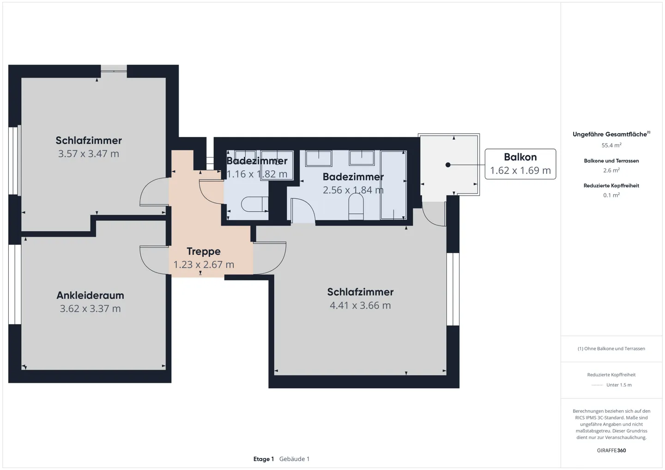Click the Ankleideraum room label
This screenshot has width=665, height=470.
click(90, 295)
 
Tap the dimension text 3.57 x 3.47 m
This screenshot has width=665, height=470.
click(89, 154)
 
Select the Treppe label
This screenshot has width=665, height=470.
click(203, 251)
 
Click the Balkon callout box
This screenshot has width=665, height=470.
click(520, 164)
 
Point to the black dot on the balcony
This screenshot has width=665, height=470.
click(448, 165)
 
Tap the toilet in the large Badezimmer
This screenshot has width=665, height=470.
click(356, 206)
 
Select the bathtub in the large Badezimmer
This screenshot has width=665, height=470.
click(393, 185)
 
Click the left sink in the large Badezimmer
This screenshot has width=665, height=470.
click(319, 158)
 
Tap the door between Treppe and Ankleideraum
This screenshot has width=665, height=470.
click(153, 260)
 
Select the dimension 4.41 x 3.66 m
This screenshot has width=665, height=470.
click(360, 305)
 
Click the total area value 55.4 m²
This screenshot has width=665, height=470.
click(611, 145)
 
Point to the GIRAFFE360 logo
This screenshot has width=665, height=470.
click(611, 450)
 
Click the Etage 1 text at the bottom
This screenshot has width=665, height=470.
click(263, 459)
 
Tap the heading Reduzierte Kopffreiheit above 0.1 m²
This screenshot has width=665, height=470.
click(611, 185)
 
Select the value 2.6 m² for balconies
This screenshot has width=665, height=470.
click(611, 170)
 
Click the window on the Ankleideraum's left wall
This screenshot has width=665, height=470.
click(15, 284)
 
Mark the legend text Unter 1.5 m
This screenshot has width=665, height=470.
click(619, 385)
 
